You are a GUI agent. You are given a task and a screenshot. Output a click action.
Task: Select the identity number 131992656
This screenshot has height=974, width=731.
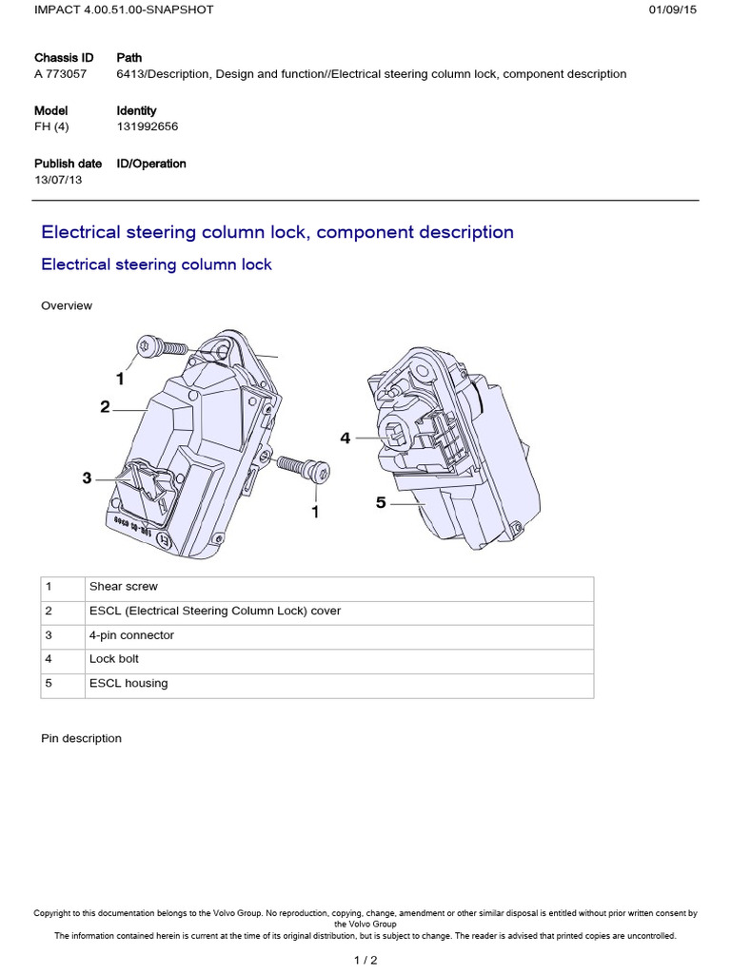point(148,127)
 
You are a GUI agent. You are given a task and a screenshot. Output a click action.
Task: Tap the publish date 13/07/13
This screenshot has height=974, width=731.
point(58,180)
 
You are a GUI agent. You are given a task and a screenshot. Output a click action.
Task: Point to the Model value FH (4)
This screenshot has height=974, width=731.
point(51,127)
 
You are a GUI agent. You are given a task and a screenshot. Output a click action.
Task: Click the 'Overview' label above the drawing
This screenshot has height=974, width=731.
point(67,306)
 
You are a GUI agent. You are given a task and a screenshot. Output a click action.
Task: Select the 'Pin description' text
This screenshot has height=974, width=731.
point(82,738)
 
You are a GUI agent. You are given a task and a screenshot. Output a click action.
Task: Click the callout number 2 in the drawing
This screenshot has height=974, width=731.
point(105,407)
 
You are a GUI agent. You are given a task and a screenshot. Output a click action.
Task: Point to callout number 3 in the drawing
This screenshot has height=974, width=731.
point(87,478)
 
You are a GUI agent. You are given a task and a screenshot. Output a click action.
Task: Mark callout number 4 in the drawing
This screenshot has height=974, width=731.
point(346,438)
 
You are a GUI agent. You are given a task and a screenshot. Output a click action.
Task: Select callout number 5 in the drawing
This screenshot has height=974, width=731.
point(381,502)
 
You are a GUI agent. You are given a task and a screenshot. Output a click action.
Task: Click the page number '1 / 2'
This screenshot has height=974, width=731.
point(365,961)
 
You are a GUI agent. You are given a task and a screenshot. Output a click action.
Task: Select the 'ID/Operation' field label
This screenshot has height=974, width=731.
point(151,164)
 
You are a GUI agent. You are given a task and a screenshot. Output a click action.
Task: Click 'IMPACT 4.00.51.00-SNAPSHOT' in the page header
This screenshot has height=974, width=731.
point(124,10)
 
